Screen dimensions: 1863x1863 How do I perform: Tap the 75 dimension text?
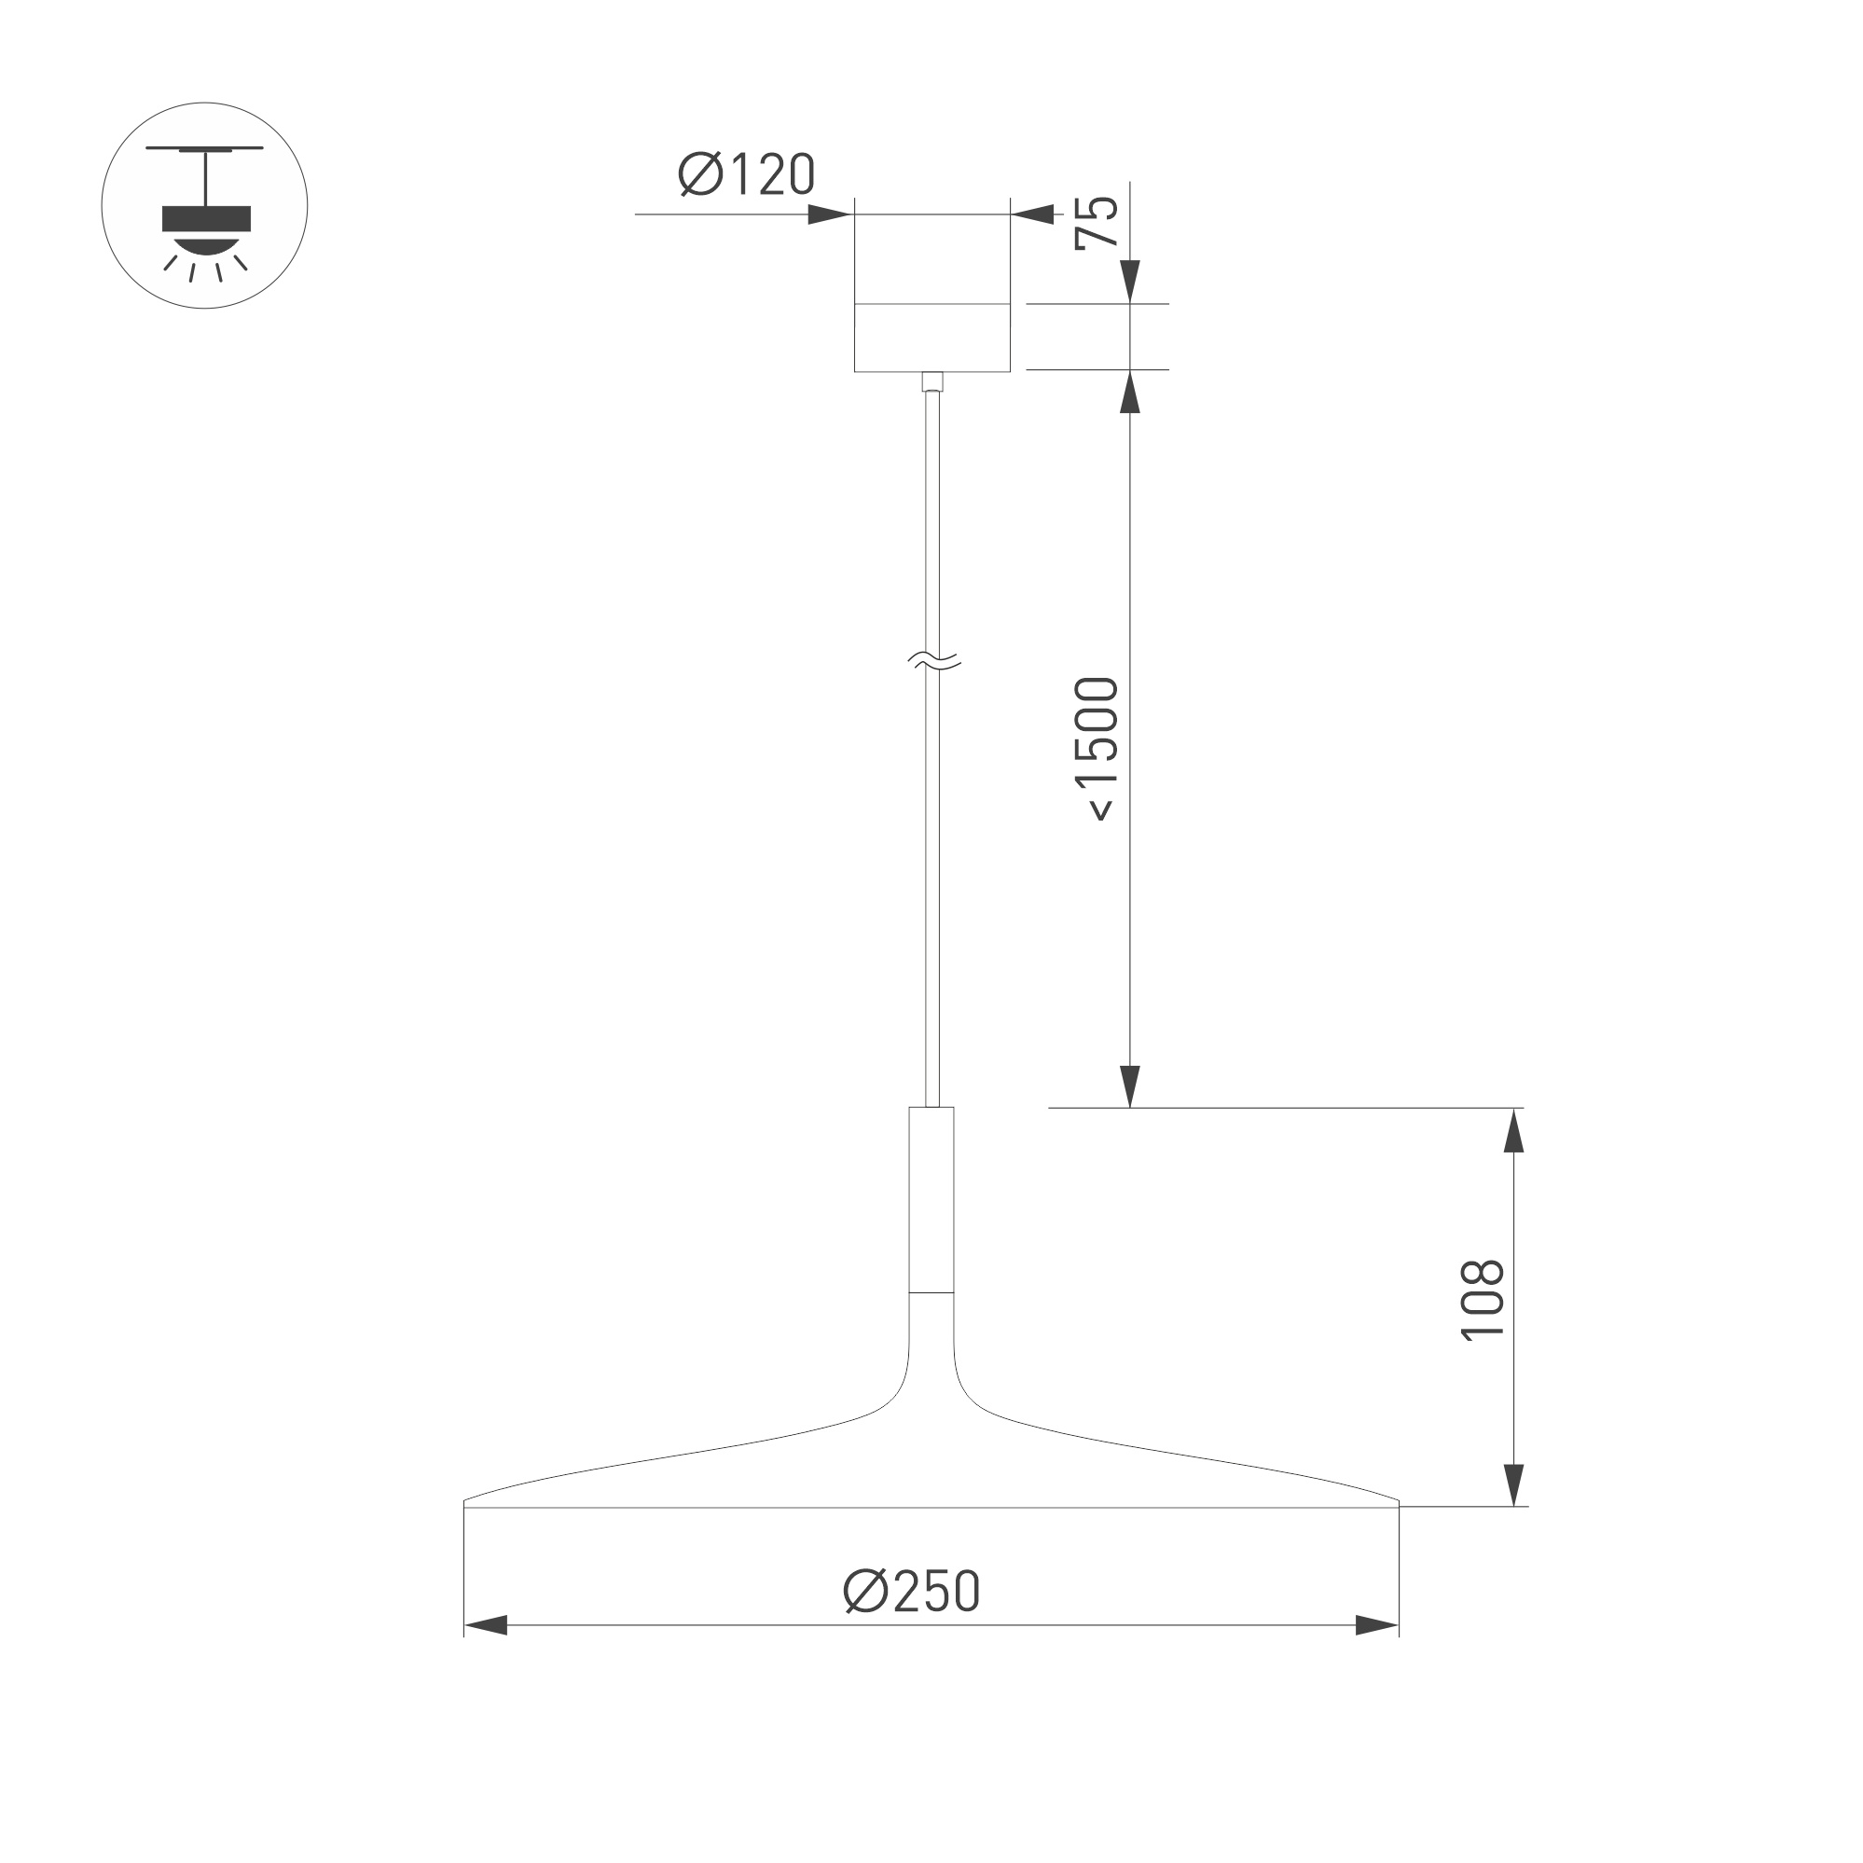click(x=1097, y=224)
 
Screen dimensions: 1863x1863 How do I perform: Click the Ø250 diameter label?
click(x=911, y=1590)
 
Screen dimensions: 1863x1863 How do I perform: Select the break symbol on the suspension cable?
click(x=934, y=660)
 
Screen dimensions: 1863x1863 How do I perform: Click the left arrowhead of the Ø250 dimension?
click(x=487, y=1625)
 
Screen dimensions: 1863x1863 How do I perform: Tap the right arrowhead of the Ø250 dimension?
click(x=1376, y=1625)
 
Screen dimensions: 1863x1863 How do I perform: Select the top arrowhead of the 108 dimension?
click(x=1514, y=1131)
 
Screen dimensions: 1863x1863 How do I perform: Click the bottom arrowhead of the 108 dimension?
click(x=1514, y=1484)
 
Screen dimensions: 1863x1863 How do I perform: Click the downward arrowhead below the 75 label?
click(x=1130, y=282)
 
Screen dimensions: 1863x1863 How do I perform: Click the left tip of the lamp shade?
click(x=467, y=1502)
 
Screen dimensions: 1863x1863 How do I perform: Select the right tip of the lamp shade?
click(x=1396, y=1502)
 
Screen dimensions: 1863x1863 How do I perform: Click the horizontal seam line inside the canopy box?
click(x=931, y=305)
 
